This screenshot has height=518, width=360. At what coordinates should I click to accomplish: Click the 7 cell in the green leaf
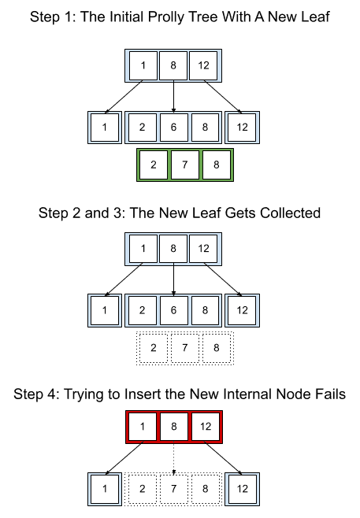pyautogui.click(x=185, y=165)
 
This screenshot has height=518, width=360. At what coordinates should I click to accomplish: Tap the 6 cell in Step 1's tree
pyautogui.click(x=173, y=128)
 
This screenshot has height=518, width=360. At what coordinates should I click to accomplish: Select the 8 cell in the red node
pyautogui.click(x=174, y=427)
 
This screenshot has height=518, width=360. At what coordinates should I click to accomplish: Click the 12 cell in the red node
pyautogui.click(x=206, y=427)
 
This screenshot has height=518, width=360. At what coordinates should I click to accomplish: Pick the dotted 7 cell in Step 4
pyautogui.click(x=174, y=489)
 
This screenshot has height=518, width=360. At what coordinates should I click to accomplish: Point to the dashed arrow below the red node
pyautogui.click(x=174, y=458)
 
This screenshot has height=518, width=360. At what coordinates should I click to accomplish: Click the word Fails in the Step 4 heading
pyautogui.click(x=328, y=394)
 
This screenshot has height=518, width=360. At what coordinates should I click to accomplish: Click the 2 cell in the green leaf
pyautogui.click(x=154, y=165)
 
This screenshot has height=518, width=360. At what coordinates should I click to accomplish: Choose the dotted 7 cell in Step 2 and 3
pyautogui.click(x=185, y=348)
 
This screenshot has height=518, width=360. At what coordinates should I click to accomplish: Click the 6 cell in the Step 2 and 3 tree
pyautogui.click(x=173, y=310)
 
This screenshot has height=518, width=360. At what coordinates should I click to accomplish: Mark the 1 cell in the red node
pyautogui.click(x=143, y=427)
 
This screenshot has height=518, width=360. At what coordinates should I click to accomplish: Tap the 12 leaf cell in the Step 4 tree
pyautogui.click(x=242, y=489)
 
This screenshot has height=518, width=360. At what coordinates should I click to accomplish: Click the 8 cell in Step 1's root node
pyautogui.click(x=173, y=65)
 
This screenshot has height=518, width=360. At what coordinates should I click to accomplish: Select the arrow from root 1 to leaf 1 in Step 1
pyautogui.click(x=124, y=97)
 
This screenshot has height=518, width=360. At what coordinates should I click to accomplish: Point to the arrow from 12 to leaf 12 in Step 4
pyautogui.click(x=223, y=458)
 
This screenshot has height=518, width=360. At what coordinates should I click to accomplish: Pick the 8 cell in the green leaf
pyautogui.click(x=216, y=165)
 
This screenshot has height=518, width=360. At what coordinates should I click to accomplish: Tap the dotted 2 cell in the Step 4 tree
pyautogui.click(x=142, y=489)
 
